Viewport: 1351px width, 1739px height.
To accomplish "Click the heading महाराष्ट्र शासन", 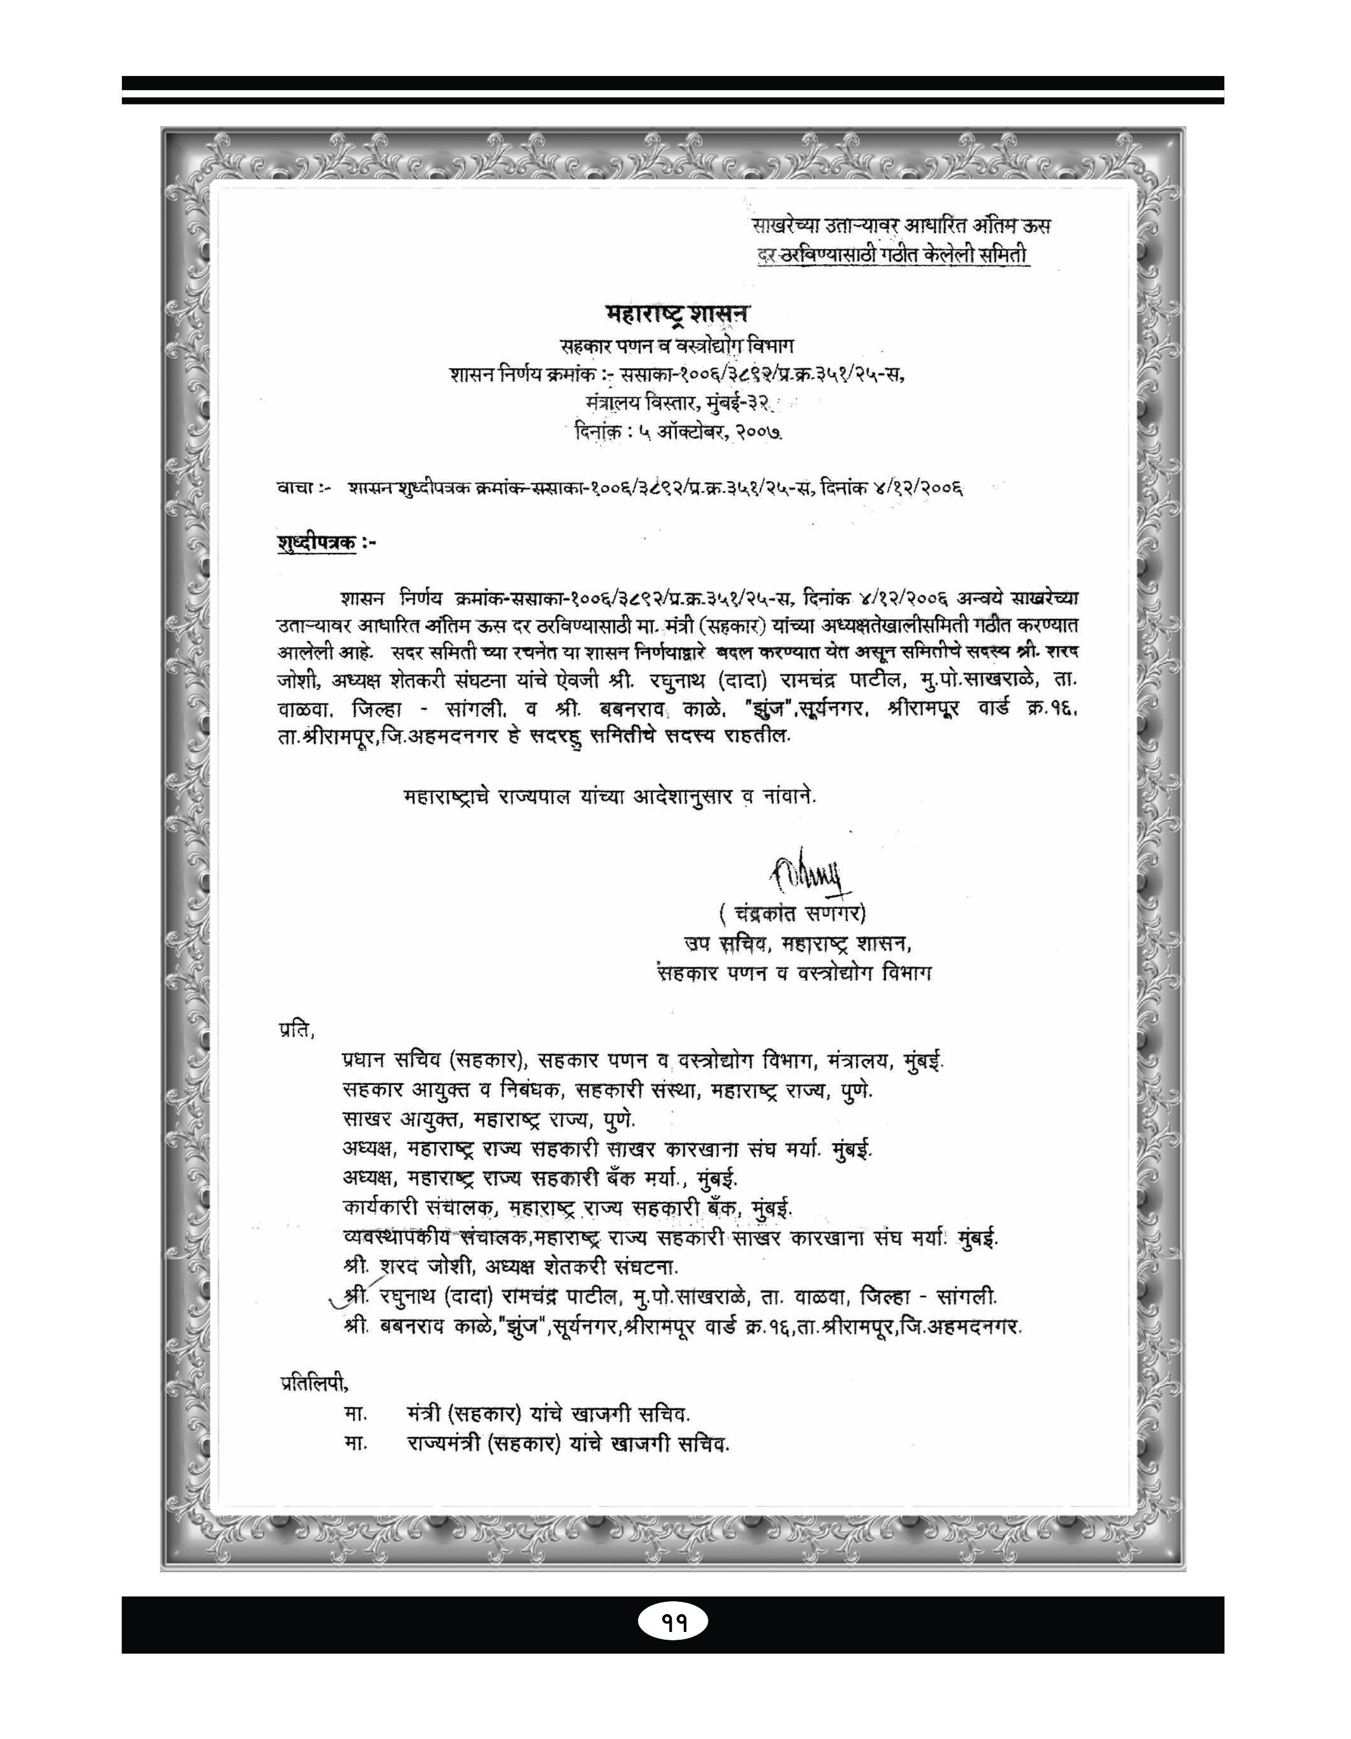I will pos(677,313).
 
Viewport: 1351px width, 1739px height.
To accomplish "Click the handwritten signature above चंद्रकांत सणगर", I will pos(810,874).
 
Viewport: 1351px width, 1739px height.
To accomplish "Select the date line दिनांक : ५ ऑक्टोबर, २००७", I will pos(678,432).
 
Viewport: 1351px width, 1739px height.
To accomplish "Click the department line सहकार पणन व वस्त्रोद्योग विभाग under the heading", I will pos(677,346).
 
